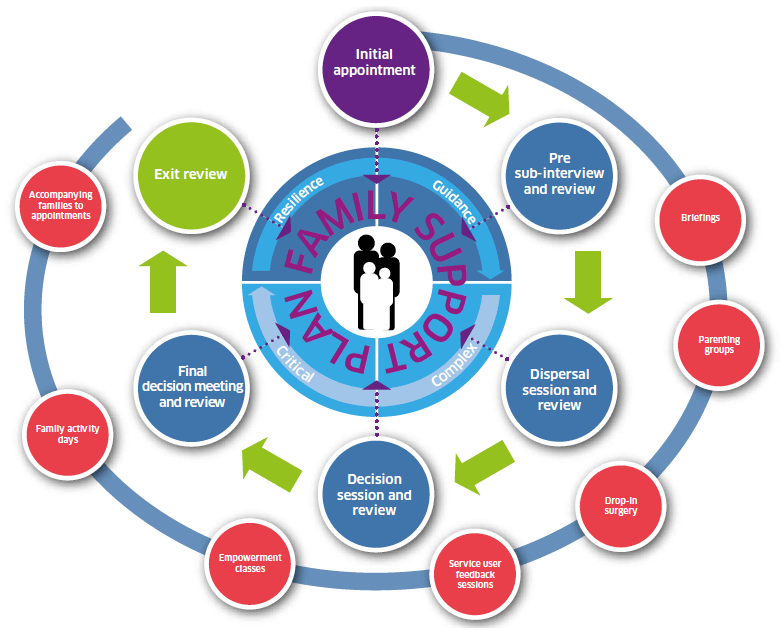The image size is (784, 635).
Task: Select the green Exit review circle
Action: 191,174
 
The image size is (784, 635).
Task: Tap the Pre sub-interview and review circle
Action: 559,175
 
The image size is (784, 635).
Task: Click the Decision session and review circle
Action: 374,493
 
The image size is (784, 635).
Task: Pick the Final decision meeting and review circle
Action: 192,386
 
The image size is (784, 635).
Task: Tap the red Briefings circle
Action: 700,219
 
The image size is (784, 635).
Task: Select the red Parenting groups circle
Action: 719,345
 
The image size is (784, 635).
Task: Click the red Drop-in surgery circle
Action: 620,506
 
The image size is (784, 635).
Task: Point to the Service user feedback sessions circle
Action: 474,574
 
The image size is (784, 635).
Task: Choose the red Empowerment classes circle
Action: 250,563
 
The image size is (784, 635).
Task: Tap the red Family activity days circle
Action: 68,434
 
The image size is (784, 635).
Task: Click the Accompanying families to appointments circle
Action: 60,206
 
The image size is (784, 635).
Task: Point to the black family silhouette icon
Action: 376,282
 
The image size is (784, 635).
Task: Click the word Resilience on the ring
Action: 298,198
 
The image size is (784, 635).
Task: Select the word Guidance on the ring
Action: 454,201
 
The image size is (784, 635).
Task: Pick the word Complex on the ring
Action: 454,364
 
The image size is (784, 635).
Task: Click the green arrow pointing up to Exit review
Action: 163,282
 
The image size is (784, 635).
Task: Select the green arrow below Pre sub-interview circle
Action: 588,282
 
